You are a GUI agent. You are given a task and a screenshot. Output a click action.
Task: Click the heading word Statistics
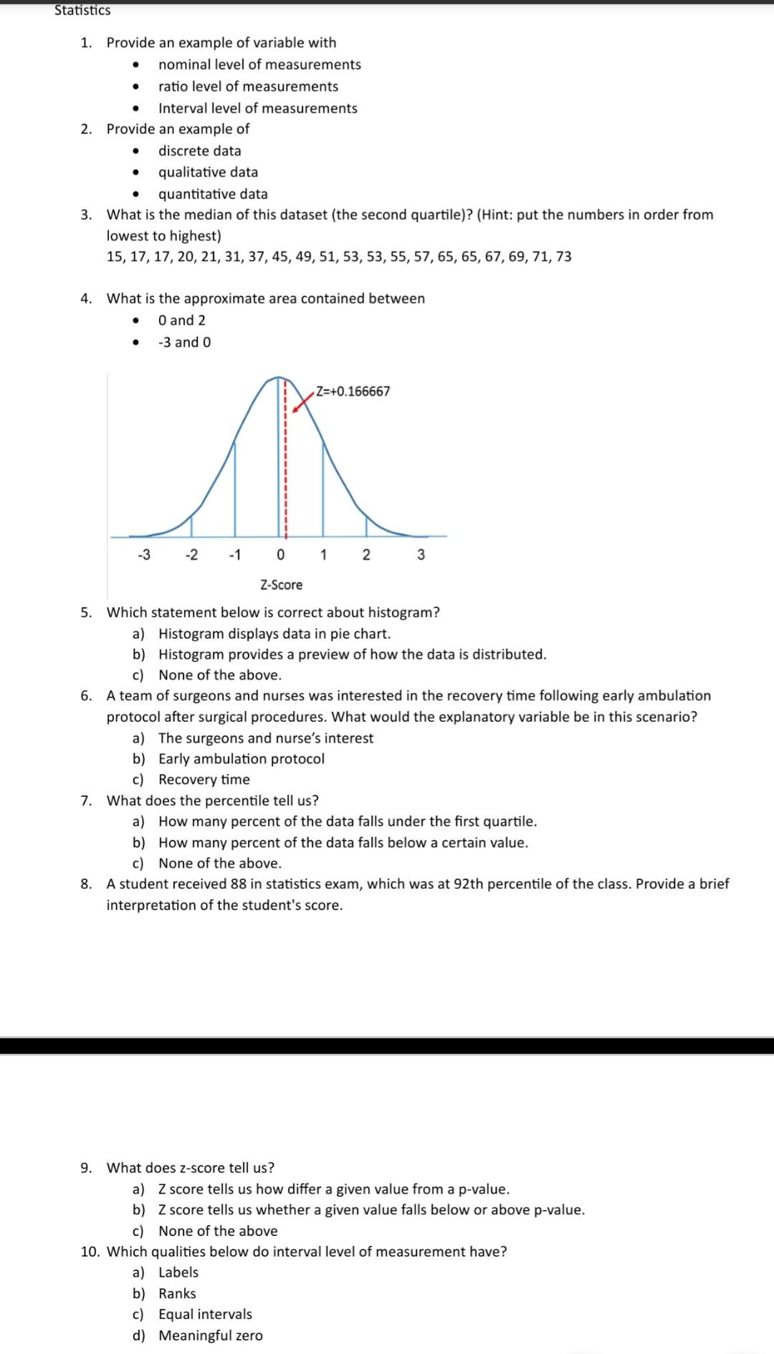point(82,11)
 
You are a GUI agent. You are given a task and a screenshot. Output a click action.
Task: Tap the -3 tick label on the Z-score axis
point(143,554)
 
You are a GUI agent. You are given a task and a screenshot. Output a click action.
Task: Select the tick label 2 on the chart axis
point(365,554)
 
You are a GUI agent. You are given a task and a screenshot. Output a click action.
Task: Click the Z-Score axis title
point(281,585)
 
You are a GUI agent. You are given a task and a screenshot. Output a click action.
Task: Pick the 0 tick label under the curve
point(279,554)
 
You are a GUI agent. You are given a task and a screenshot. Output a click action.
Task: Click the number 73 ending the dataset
point(563,256)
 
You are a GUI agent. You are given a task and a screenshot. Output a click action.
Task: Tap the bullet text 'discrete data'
point(199,150)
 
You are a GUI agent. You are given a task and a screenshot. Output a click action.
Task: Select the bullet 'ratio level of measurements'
point(248,86)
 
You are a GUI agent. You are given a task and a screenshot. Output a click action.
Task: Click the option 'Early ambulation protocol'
point(241,758)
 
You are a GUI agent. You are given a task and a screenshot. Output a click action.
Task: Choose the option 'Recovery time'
point(204,779)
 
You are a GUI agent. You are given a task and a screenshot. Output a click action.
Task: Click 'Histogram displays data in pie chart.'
point(274,633)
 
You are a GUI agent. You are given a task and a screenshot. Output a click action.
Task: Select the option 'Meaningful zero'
point(210,1335)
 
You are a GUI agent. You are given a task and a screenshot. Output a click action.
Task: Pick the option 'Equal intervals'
point(205,1314)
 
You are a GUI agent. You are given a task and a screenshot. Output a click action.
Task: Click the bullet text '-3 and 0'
point(184,342)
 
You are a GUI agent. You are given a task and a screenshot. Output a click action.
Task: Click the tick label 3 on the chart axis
point(421,554)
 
